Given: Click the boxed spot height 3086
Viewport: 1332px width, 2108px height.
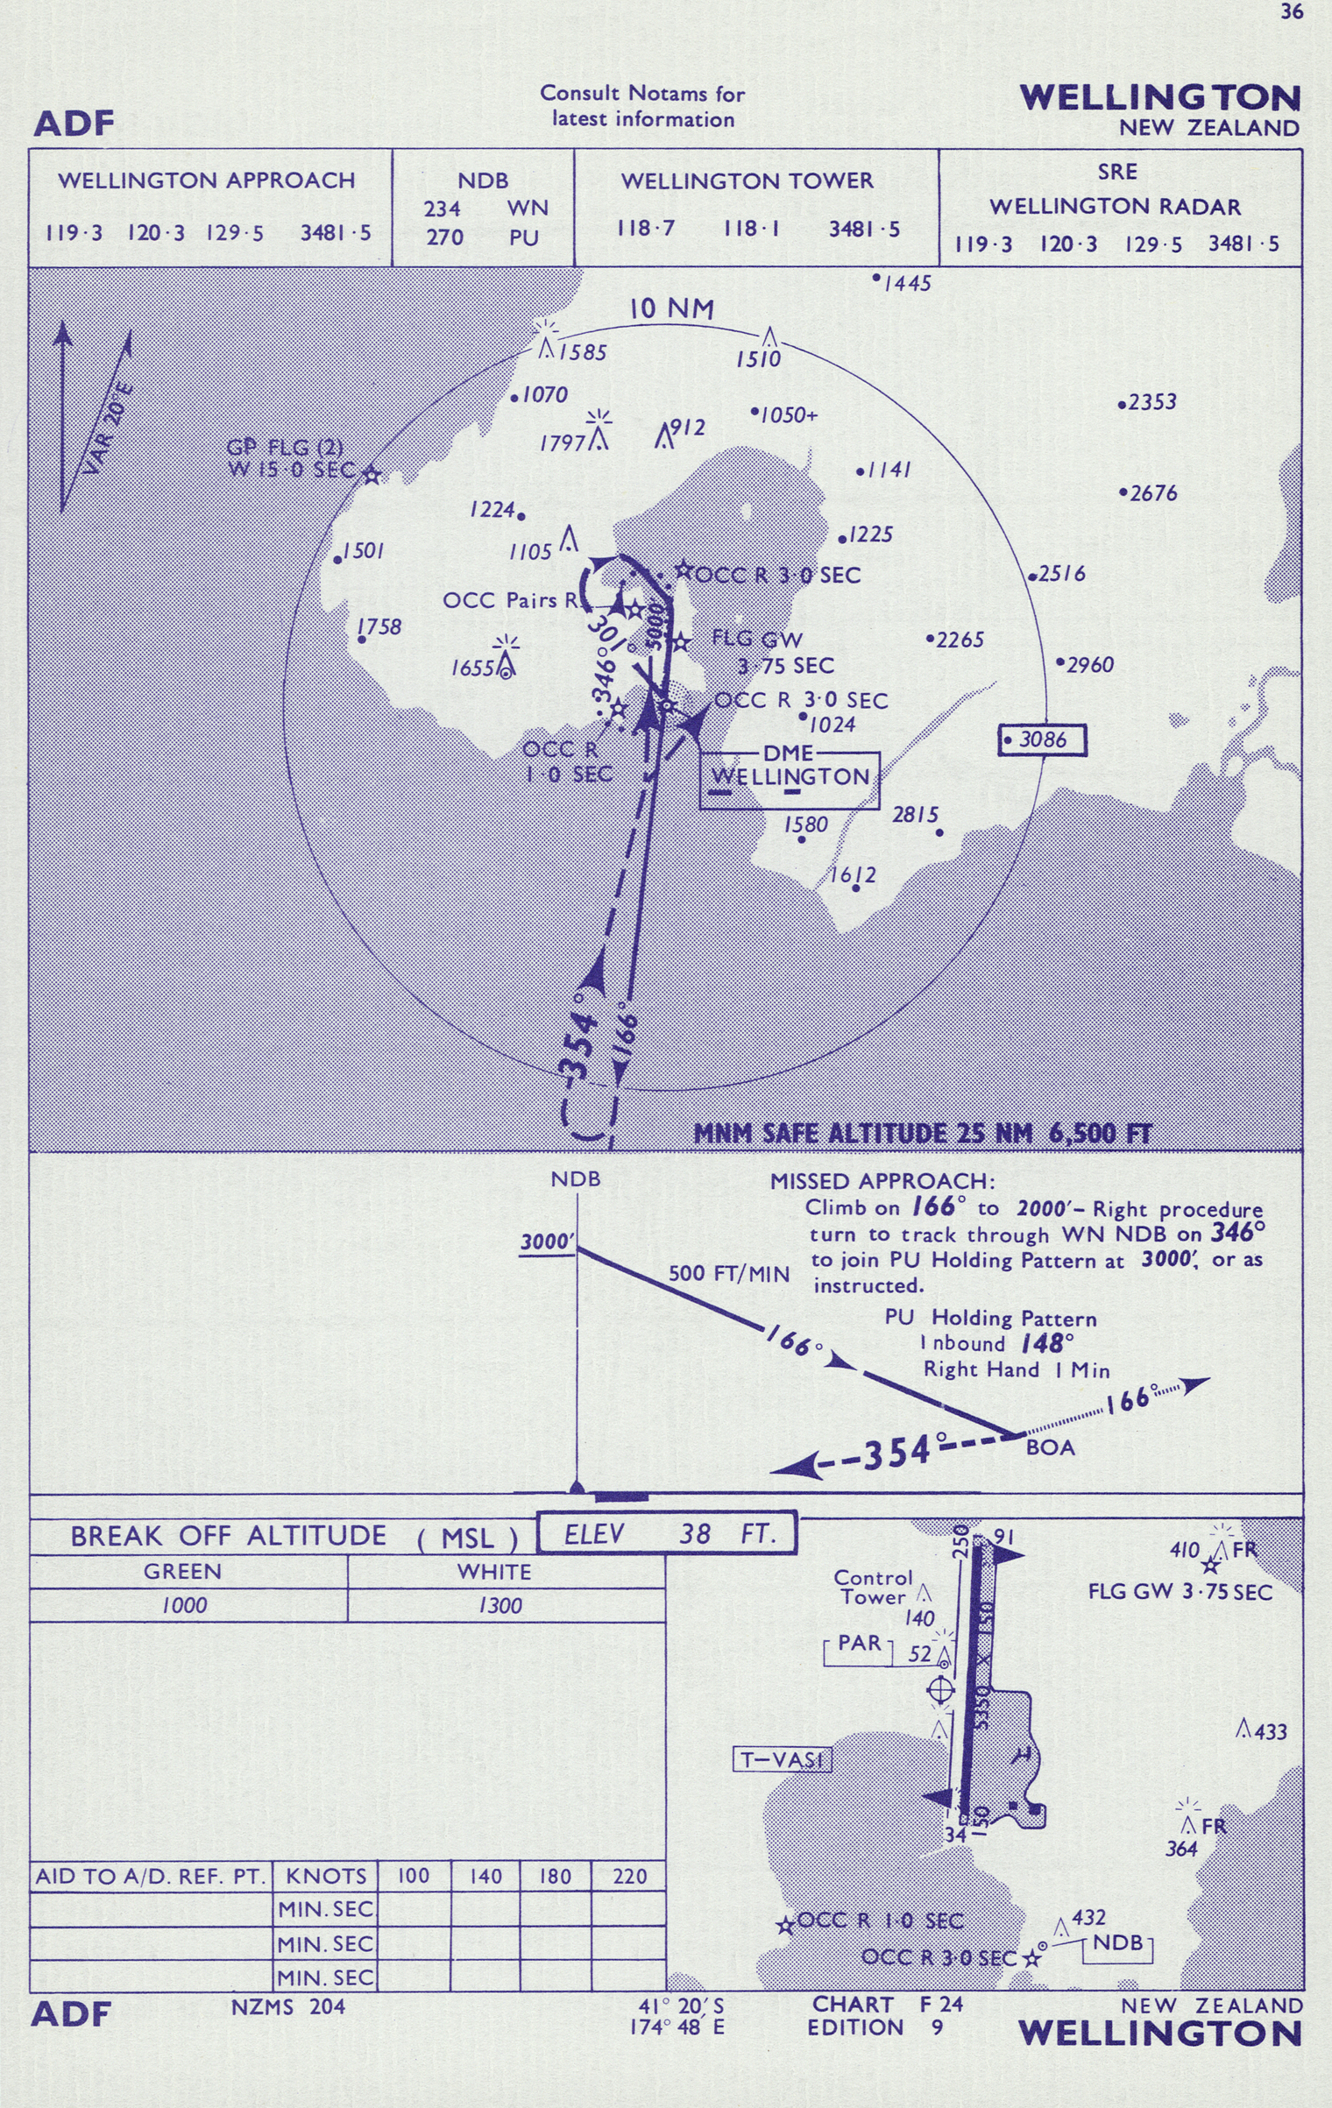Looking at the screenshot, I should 1043,740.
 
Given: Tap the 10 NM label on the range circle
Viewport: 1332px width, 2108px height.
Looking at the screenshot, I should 672,309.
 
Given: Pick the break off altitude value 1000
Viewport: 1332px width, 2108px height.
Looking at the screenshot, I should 184,1605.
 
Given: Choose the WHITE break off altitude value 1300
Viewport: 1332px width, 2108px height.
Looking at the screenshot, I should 500,1605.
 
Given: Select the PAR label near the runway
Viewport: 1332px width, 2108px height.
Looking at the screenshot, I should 859,1644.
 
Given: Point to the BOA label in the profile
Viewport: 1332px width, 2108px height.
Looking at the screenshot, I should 1050,1447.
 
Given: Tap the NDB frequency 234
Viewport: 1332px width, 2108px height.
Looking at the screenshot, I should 443,209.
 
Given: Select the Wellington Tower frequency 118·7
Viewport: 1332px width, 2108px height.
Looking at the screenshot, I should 646,229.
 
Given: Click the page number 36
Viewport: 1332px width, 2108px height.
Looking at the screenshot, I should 1292,12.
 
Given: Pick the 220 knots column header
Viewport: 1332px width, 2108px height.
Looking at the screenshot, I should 629,1876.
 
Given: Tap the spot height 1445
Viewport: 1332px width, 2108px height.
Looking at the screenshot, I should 907,284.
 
